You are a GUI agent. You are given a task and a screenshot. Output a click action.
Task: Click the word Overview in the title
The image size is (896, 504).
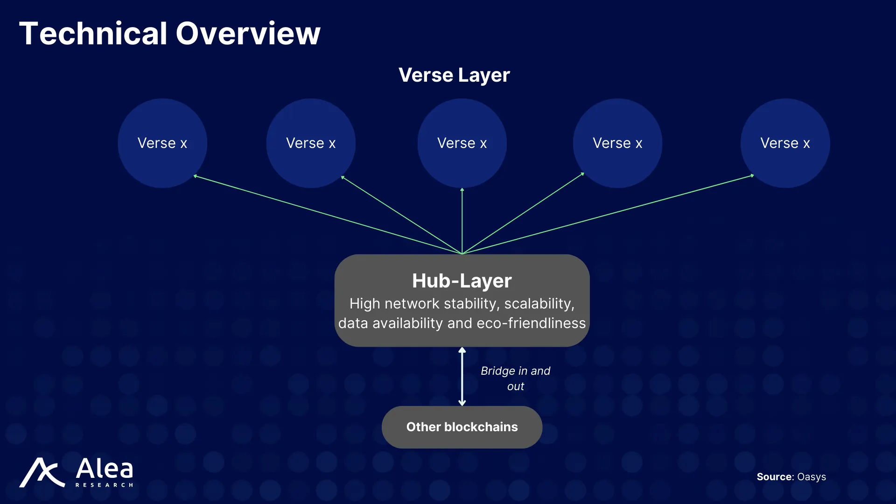pyautogui.click(x=248, y=34)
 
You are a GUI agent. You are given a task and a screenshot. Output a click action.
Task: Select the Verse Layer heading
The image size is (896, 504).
pyautogui.click(x=454, y=75)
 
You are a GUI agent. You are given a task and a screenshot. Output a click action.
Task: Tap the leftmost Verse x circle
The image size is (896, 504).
pyautogui.click(x=162, y=143)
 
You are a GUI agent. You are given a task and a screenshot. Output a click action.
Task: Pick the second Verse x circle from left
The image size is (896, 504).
pyautogui.click(x=311, y=143)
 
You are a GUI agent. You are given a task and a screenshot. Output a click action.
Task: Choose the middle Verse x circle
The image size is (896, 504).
pyautogui.click(x=462, y=143)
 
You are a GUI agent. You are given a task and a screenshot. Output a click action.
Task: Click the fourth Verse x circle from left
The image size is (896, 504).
pyautogui.click(x=617, y=143)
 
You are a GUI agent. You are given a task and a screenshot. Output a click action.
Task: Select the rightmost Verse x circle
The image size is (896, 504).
pyautogui.click(x=785, y=143)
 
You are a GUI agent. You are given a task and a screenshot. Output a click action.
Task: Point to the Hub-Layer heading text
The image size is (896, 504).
pyautogui.click(x=462, y=281)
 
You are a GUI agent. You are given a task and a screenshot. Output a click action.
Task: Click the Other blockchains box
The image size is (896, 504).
pyautogui.click(x=462, y=427)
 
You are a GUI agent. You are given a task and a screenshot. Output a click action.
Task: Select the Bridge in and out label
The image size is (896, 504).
pyautogui.click(x=515, y=378)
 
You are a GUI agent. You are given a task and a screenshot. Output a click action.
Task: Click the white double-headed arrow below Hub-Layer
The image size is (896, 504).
pyautogui.click(x=462, y=376)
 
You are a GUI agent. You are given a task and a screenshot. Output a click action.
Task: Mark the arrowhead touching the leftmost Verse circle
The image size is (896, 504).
pyautogui.click(x=196, y=176)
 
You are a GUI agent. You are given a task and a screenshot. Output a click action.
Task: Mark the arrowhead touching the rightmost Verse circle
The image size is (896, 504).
pyautogui.click(x=752, y=175)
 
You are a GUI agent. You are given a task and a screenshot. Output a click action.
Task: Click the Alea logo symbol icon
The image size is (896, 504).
pyautogui.click(x=42, y=472)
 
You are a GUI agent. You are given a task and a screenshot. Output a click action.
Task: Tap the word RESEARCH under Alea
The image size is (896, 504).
pyautogui.click(x=104, y=485)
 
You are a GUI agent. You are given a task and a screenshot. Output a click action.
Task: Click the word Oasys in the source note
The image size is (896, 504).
pyautogui.click(x=812, y=477)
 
